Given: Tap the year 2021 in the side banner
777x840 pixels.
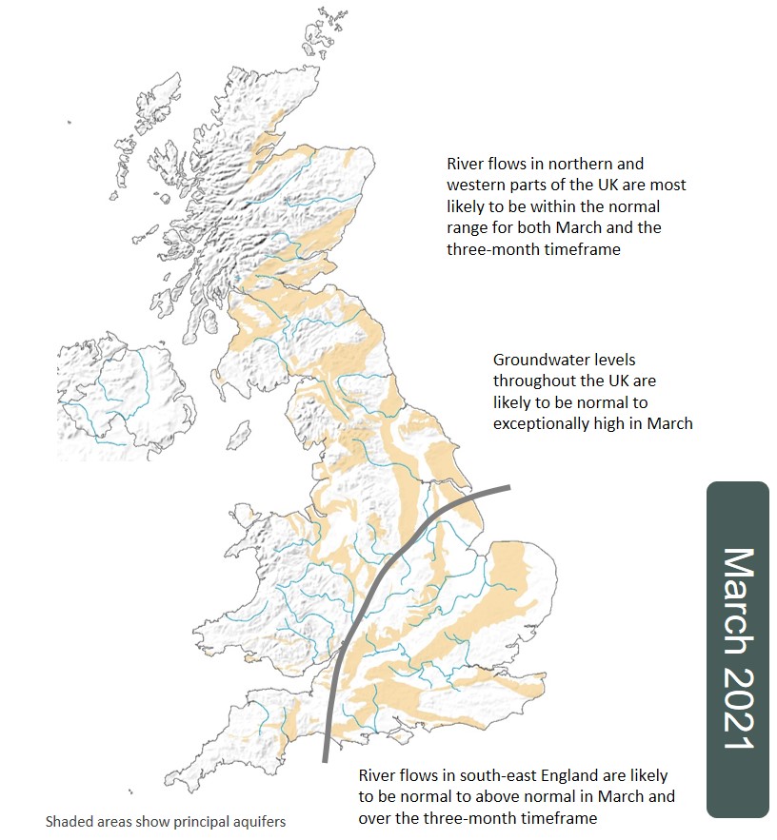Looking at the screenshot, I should pyautogui.click(x=738, y=706).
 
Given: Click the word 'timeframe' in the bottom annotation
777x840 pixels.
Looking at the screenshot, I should pyautogui.click(x=561, y=818).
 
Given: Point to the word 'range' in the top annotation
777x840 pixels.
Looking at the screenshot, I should pyautogui.click(x=468, y=228).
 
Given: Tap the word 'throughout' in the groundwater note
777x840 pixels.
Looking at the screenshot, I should pyautogui.click(x=533, y=381).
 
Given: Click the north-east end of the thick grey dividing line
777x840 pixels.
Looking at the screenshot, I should pyautogui.click(x=508, y=488).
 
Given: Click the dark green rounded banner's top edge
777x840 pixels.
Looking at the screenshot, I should pyautogui.click(x=738, y=482).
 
